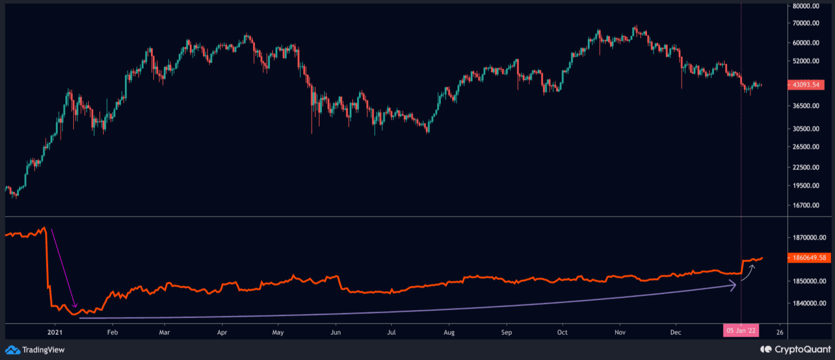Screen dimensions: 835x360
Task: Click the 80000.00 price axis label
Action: coord(806,6)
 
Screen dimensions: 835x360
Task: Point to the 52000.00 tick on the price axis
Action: coord(806,61)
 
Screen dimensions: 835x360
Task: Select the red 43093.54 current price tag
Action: coord(806,85)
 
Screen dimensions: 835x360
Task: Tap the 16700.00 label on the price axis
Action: coord(806,205)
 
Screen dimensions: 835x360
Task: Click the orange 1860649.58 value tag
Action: coord(809,258)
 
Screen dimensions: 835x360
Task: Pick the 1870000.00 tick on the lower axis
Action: coord(809,238)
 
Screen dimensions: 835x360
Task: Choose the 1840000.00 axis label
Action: coord(809,303)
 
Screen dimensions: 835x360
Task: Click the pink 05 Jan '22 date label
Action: coord(741,330)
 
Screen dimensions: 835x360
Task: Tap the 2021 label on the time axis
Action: coord(55,332)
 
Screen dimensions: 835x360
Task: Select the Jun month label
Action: coord(336,332)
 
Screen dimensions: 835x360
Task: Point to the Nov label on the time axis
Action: coord(620,332)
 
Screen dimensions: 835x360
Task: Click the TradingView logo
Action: coord(35,350)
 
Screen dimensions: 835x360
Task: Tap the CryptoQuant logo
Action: coord(795,349)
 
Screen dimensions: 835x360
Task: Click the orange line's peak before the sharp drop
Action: coord(44,228)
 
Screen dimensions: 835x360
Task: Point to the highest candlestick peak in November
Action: coord(636,26)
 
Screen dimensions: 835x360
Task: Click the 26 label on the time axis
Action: coord(780,332)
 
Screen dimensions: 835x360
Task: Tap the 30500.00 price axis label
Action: coord(806,129)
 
